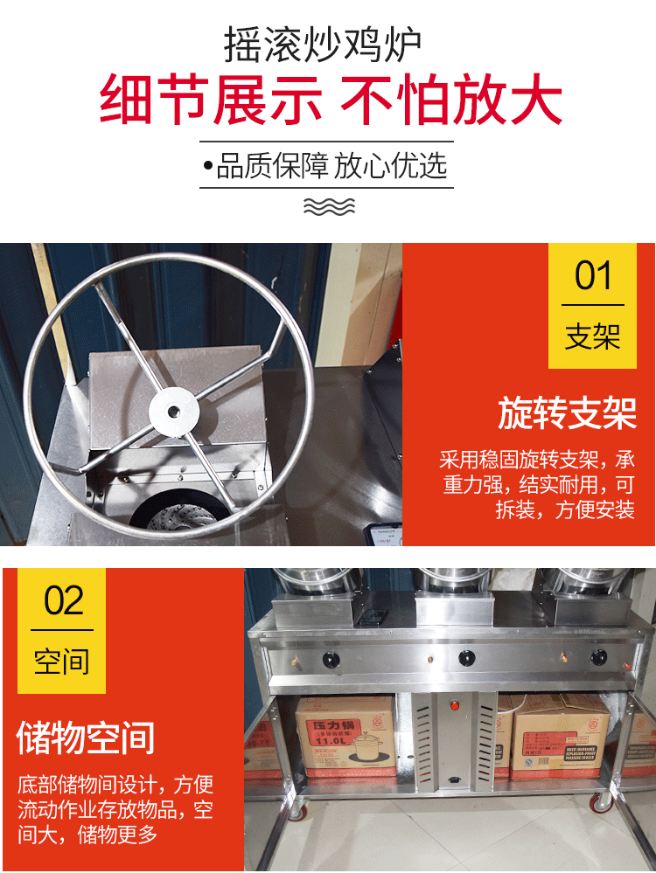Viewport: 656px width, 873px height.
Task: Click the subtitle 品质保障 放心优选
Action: click(326, 165)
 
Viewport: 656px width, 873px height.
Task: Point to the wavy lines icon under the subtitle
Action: click(328, 206)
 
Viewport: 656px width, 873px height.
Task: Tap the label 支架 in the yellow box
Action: click(593, 336)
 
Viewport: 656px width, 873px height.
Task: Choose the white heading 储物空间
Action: click(86, 738)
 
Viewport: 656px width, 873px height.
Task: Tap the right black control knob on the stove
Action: click(599, 657)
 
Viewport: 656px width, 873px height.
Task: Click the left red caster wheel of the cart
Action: click(298, 812)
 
